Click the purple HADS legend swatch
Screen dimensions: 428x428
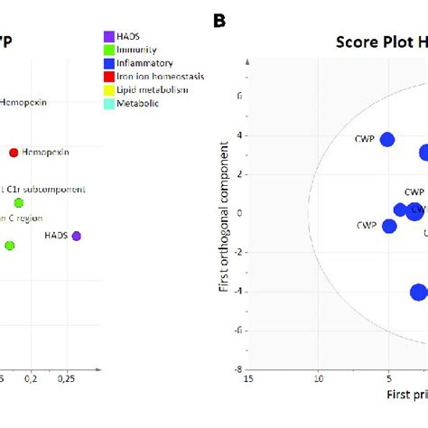coord(109,35)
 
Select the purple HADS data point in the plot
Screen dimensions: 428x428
coord(77,236)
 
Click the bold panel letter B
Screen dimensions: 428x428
coord(219,18)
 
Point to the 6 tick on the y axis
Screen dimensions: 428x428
coord(238,96)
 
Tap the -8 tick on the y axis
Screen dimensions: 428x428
coord(237,369)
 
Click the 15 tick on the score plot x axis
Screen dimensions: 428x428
coord(247,380)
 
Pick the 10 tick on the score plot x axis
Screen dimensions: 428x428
coord(318,380)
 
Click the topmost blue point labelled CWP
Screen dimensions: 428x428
coord(387,139)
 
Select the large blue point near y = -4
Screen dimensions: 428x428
coord(418,292)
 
